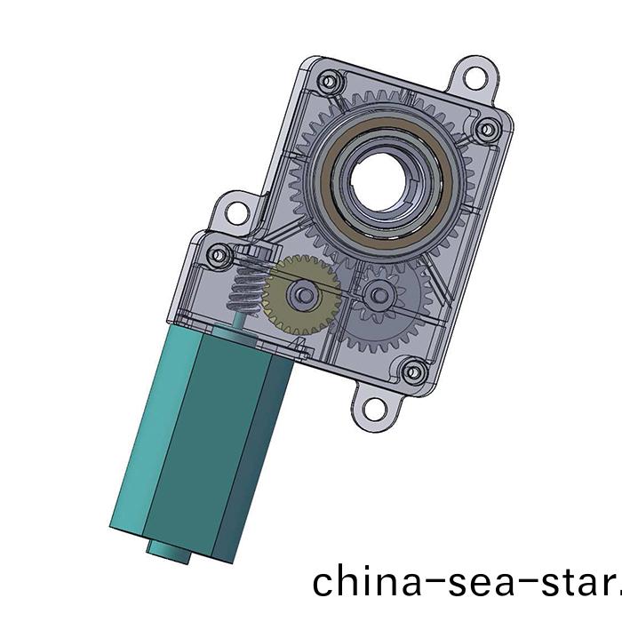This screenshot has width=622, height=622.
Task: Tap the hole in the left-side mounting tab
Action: pos(236,212)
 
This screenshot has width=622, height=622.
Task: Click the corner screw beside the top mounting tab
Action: pos(485,131)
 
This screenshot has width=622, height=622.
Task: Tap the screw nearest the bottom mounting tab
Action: pos(411,371)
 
